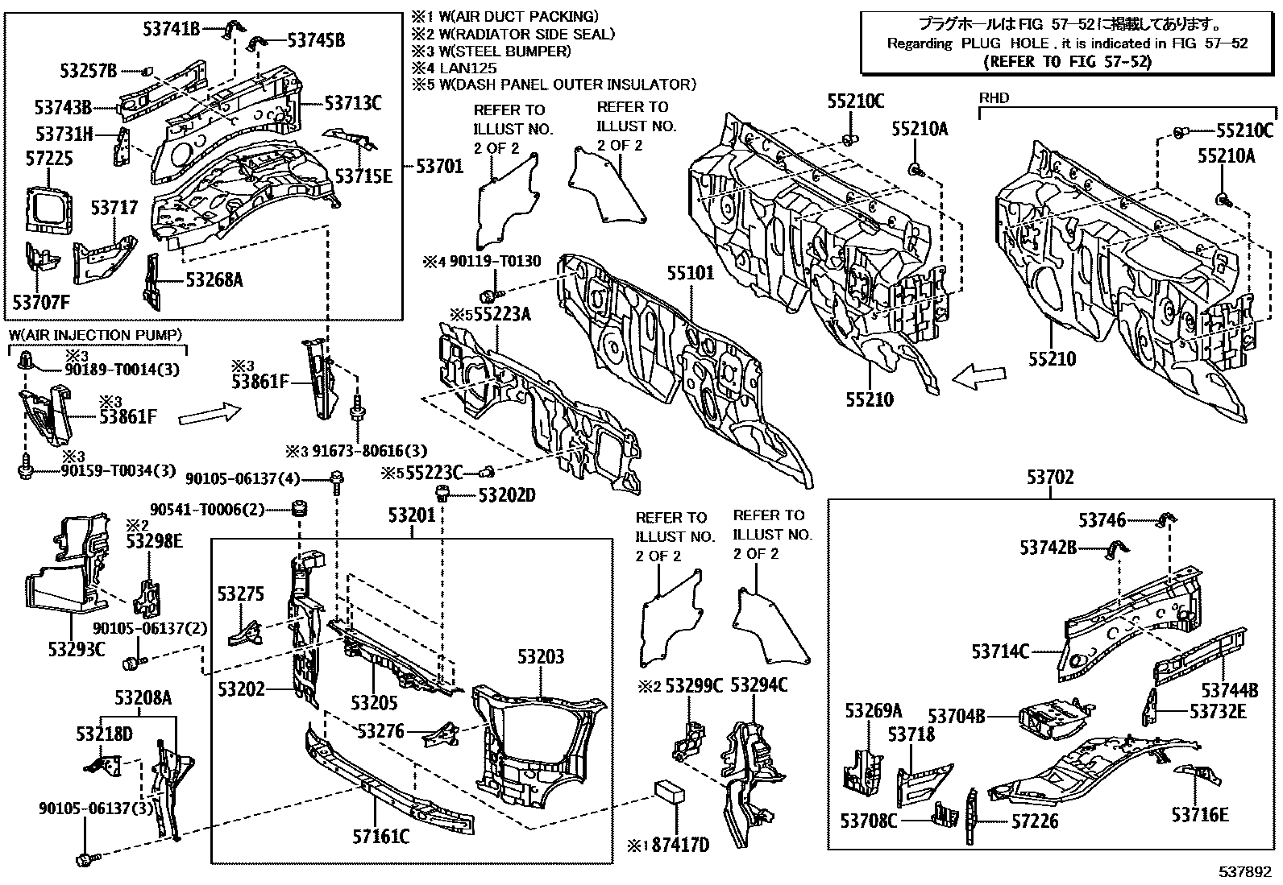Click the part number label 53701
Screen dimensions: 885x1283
click(x=440, y=167)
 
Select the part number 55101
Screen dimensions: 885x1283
click(x=690, y=273)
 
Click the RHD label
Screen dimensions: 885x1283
click(x=994, y=98)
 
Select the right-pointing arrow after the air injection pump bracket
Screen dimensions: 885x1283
click(x=209, y=415)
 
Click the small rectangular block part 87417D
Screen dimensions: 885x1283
click(x=668, y=792)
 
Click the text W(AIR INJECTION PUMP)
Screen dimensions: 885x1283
click(x=96, y=335)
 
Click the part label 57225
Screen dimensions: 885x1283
click(x=48, y=159)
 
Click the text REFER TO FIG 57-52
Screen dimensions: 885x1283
click(x=1069, y=61)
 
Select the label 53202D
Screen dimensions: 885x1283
click(x=507, y=494)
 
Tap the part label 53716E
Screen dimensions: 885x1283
click(x=1200, y=815)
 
